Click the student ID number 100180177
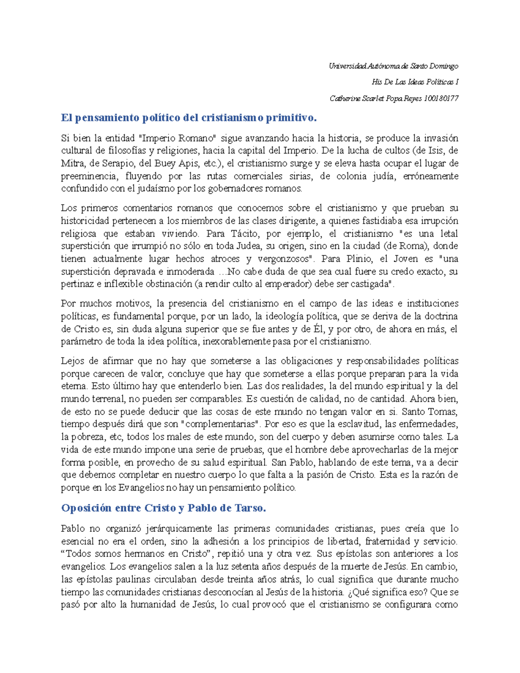[441, 98]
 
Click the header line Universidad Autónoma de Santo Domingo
[393, 66]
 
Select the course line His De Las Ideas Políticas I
[415, 82]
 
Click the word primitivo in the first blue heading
[288, 118]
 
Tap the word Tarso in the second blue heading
[249, 508]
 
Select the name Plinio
[359, 259]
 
